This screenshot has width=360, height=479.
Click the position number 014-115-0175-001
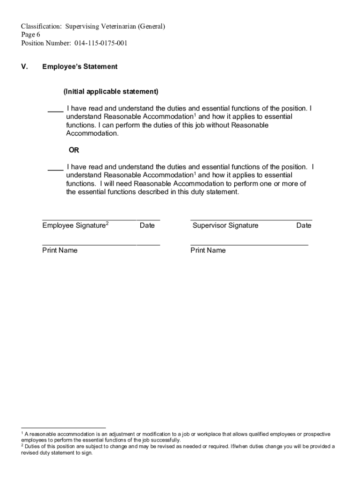pyautogui.click(x=101, y=44)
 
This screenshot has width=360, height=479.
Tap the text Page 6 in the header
pyautogui.click(x=30, y=35)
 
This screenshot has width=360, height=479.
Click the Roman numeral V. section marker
pyautogui.click(x=24, y=67)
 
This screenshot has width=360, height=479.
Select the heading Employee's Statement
pyautogui.click(x=80, y=67)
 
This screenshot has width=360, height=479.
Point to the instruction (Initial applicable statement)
pyautogui.click(x=111, y=91)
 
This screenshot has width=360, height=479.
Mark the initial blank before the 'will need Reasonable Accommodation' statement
pyautogui.click(x=56, y=170)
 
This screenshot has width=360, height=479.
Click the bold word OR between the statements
pyautogui.click(x=74, y=151)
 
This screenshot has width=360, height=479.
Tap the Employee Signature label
pyautogui.click(x=74, y=226)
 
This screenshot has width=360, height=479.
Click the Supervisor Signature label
pyautogui.click(x=225, y=226)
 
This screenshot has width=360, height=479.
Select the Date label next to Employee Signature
pyautogui.click(x=147, y=226)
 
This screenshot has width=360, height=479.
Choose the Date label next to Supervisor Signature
pyautogui.click(x=303, y=226)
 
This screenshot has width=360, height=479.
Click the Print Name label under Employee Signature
pyautogui.click(x=60, y=251)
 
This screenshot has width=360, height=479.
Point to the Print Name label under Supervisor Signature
pyautogui.click(x=208, y=251)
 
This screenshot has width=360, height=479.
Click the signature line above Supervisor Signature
pyautogui.click(x=251, y=219)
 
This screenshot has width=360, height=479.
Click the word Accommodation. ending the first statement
pyautogui.click(x=93, y=134)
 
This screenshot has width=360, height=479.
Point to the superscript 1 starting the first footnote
pyautogui.click(x=22, y=434)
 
